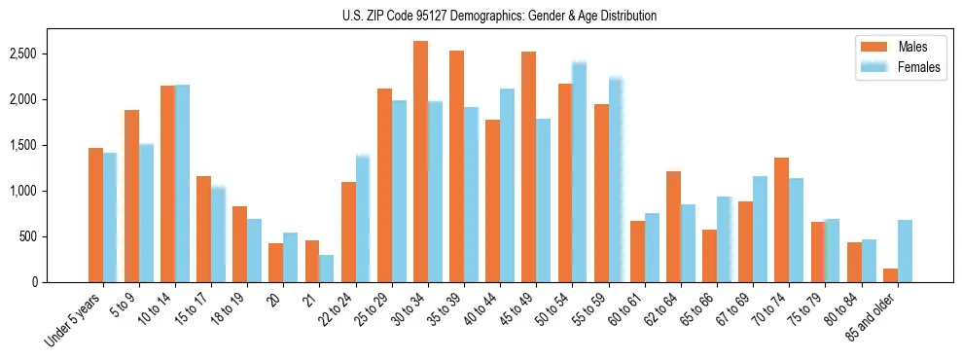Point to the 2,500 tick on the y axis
(22, 54)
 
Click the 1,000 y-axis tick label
(22, 191)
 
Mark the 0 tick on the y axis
(33, 282)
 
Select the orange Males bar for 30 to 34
(420, 162)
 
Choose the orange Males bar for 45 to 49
(528, 167)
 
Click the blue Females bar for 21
(326, 269)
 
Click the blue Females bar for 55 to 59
(615, 180)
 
